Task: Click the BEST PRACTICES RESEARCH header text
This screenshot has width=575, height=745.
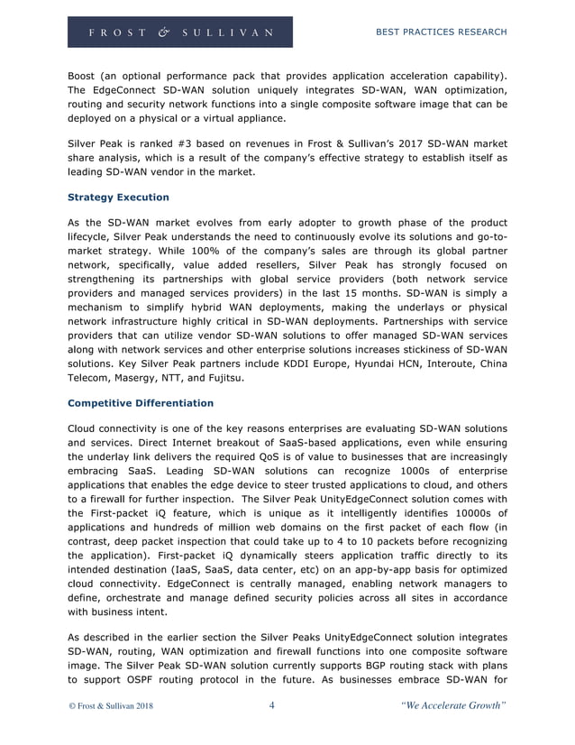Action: click(440, 32)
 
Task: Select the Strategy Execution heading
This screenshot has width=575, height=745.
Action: click(118, 197)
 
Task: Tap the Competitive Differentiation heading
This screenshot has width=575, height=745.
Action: click(141, 402)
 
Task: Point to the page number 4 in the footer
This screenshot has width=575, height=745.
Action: click(271, 706)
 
